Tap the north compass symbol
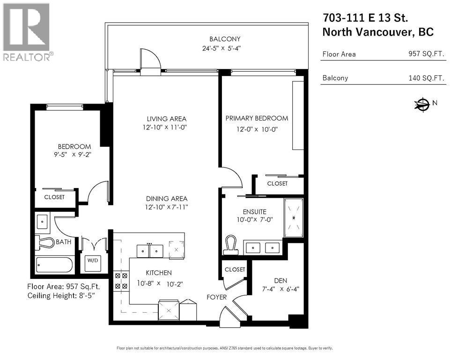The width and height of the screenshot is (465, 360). point(422,105)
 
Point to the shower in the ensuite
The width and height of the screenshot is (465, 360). point(294,217)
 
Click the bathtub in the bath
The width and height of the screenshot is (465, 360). point(55,266)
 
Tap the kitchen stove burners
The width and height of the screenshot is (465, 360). point(121,281)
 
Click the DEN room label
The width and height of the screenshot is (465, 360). point(280,280)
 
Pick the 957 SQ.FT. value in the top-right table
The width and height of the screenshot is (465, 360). point(426,54)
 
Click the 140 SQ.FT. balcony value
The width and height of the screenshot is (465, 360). point(426,78)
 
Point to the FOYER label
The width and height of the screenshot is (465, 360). point(217,297)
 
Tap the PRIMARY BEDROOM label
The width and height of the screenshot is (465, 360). point(257,118)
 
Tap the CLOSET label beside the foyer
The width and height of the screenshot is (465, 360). point(235,270)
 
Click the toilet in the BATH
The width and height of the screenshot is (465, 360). point(45,242)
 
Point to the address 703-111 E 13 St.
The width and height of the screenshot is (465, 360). point(365,18)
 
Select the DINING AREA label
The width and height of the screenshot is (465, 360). point(167,198)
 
